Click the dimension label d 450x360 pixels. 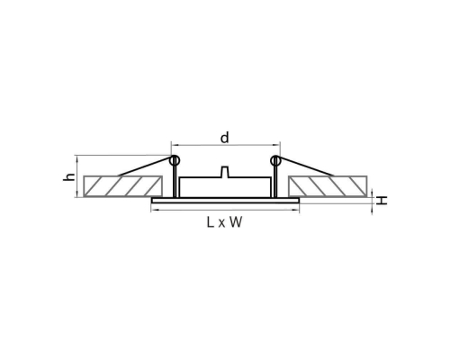tap(224, 138)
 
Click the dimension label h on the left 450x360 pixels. tap(69, 176)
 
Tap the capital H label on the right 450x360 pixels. tap(382, 200)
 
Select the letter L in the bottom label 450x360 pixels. tap(211, 222)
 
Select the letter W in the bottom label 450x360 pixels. tap(236, 222)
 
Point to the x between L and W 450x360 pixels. tap(221, 223)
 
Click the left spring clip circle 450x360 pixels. tap(175, 160)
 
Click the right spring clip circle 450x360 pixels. tap(275, 160)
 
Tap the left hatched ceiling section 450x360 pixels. tap(123, 186)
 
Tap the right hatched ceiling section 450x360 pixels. tap(328, 186)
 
